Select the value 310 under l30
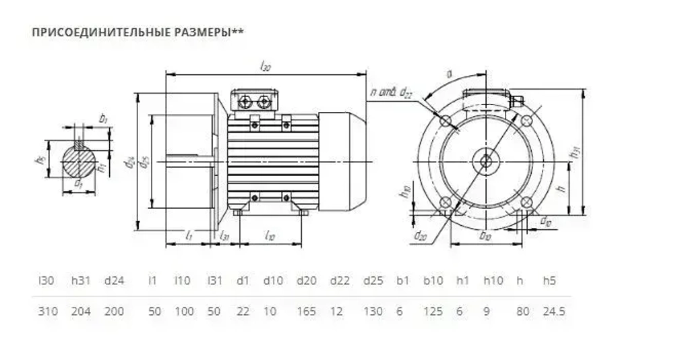(x=49, y=311)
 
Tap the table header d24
(x=114, y=280)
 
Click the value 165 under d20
(x=307, y=311)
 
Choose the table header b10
(x=433, y=280)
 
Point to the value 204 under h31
(x=82, y=311)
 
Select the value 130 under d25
(x=373, y=311)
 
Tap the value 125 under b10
(x=433, y=311)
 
